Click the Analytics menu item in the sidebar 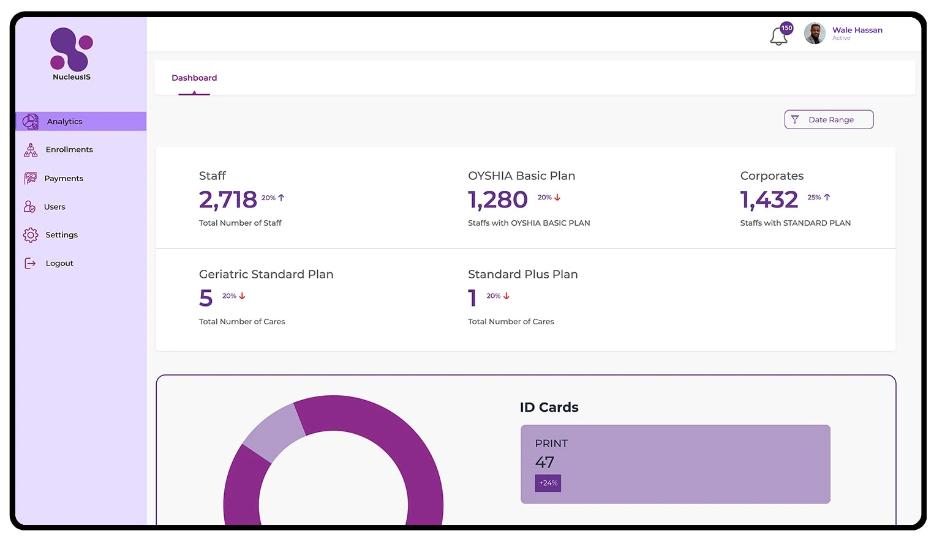point(64,122)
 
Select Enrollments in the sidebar point(69,150)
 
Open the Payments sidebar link point(63,179)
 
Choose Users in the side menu point(54,207)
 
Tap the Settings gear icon point(31,235)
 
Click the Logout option point(59,264)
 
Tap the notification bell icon point(778,37)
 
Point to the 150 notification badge point(787,28)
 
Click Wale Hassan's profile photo point(815,34)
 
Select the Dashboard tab point(194,78)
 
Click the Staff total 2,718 point(228,200)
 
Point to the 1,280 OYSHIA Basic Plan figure point(497,200)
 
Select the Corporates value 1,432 point(769,200)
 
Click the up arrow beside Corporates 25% point(827,198)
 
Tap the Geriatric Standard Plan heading point(266,275)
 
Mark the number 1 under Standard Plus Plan point(472,299)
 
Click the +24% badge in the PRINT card point(548,483)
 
